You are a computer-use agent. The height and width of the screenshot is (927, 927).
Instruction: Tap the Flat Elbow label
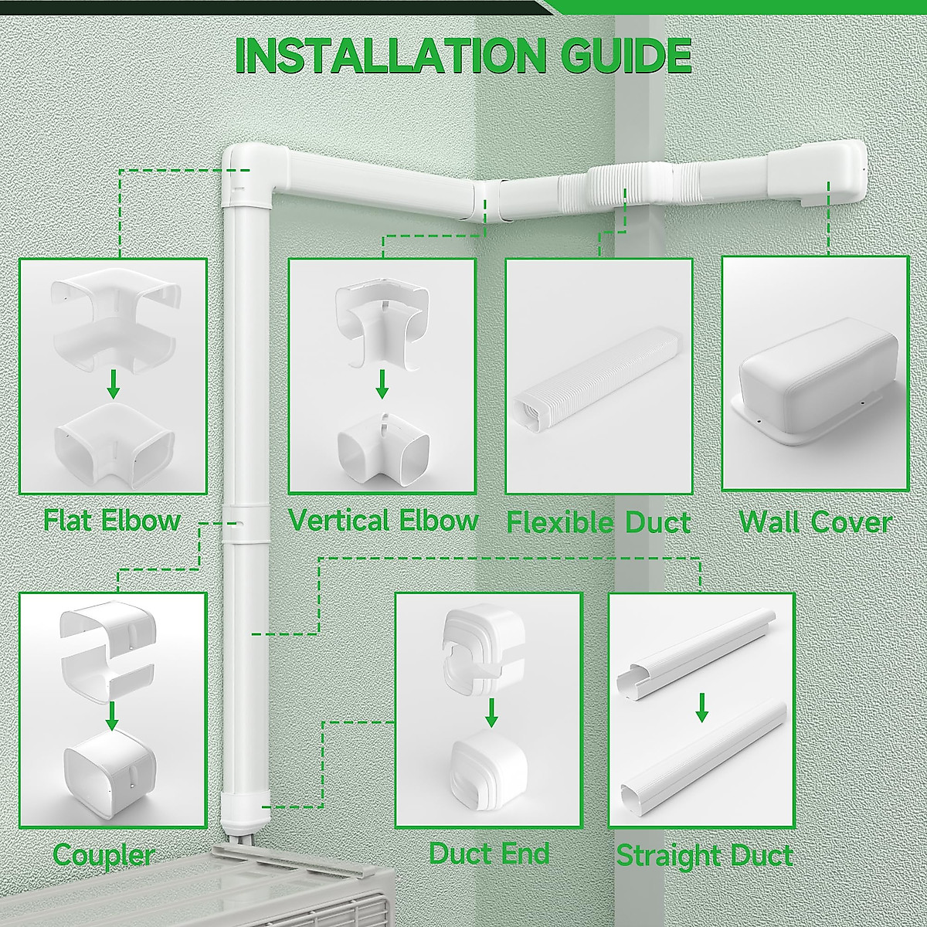click(112, 520)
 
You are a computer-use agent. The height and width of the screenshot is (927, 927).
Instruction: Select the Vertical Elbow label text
click(383, 520)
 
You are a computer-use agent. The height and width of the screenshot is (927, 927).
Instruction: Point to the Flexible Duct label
click(598, 522)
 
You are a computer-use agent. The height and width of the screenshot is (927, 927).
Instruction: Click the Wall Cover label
click(815, 522)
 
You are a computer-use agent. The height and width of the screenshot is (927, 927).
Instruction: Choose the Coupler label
click(104, 855)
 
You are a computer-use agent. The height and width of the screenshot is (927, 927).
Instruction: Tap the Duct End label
click(489, 853)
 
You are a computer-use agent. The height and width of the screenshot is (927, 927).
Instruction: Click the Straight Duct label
click(704, 855)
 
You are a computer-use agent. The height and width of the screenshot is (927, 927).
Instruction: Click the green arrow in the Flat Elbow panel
click(114, 384)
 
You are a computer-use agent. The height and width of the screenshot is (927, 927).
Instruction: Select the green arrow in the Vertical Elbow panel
click(382, 384)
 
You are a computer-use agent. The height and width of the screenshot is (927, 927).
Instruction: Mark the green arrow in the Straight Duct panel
click(701, 706)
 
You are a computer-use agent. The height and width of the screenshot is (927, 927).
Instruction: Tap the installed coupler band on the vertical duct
click(244, 525)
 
